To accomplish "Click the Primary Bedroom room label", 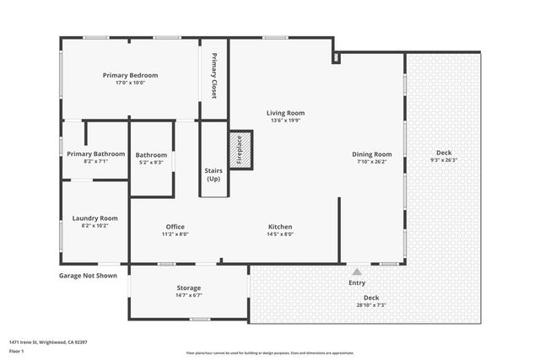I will (131, 75).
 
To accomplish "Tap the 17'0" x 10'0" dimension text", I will (131, 83).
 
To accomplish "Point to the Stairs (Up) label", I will (213, 175).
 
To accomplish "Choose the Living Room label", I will (285, 112).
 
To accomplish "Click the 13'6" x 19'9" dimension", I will (285, 121).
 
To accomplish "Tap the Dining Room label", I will (372, 154).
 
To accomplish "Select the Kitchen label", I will (280, 227).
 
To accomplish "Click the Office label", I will (175, 227).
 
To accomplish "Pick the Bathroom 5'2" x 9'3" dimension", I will (152, 163).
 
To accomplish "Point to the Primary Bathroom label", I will (96, 153).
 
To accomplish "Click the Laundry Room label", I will (94, 218).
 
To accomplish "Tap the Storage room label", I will (188, 287).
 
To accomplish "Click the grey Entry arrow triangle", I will (357, 271).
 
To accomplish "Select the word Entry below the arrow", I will (357, 282).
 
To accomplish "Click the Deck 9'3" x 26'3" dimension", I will (443, 160).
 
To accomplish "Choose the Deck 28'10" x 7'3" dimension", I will (370, 305).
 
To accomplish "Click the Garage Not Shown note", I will (88, 276).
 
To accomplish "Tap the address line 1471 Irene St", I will (48, 342).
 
